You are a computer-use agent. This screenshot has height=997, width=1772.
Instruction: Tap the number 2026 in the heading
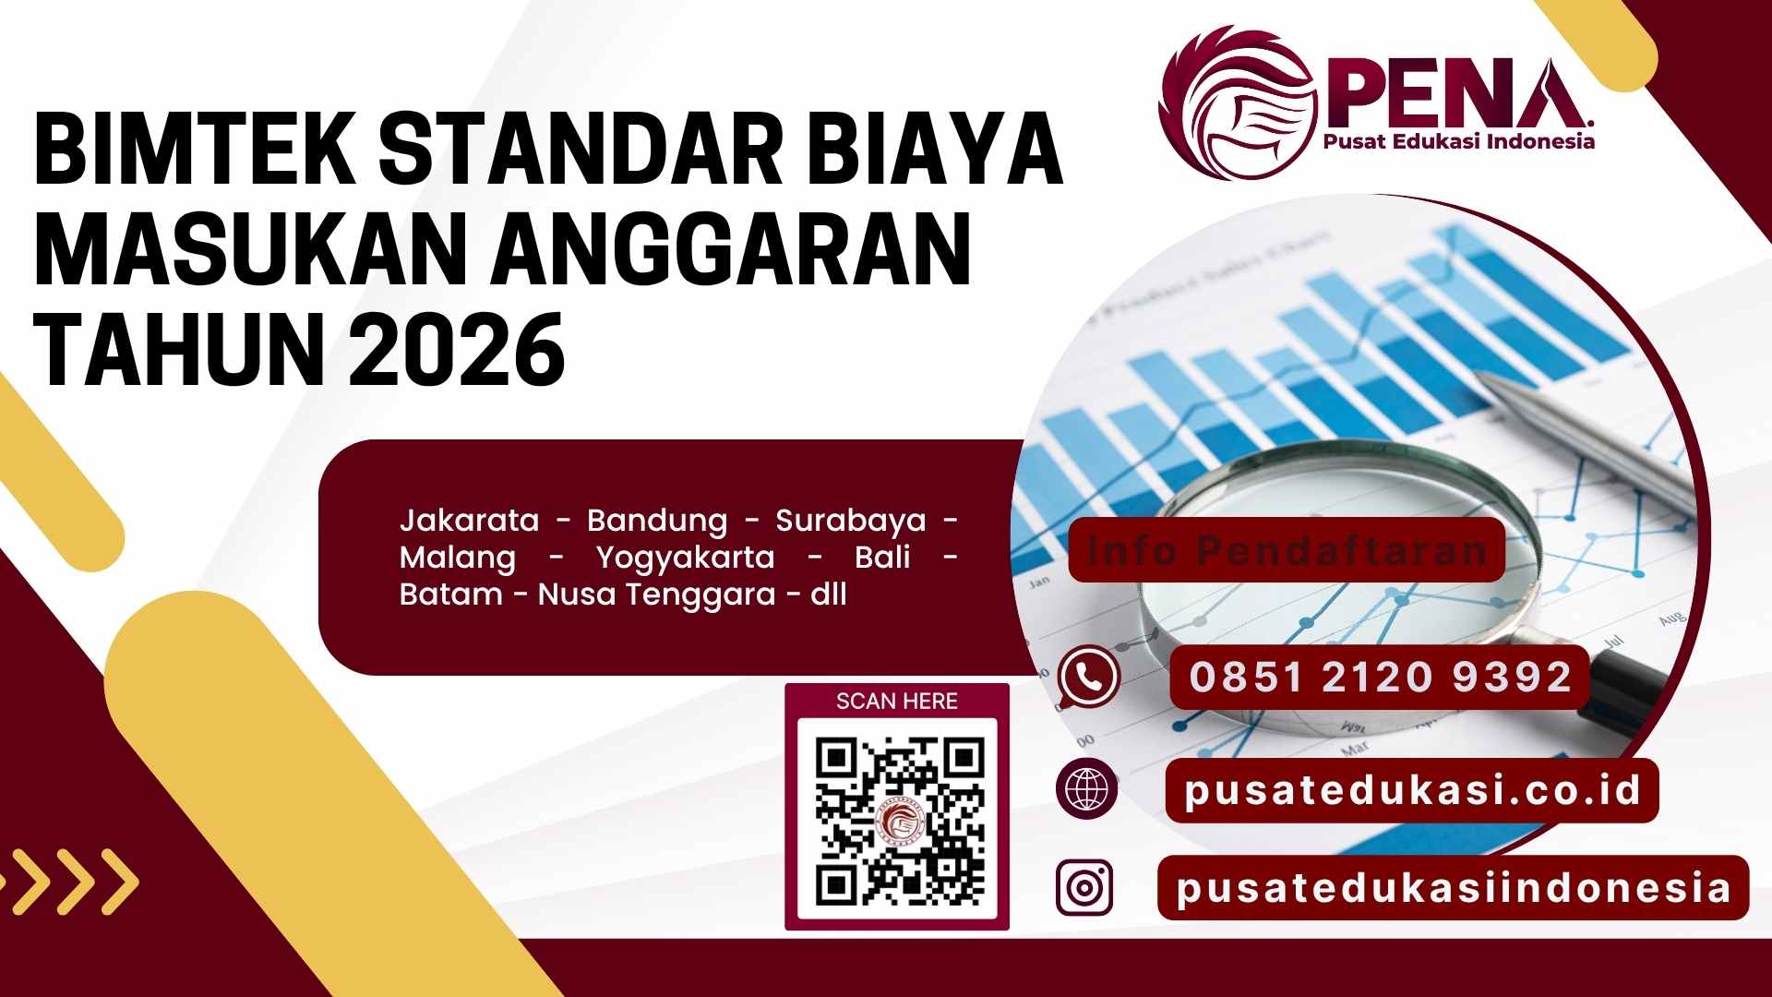click(x=457, y=351)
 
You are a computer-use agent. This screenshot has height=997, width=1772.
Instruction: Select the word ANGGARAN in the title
click(x=729, y=249)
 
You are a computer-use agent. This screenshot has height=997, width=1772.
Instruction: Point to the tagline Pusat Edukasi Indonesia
click(x=1458, y=141)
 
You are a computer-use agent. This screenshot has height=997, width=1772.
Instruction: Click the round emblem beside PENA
click(x=1237, y=102)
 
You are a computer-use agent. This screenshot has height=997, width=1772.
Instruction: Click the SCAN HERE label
click(x=897, y=702)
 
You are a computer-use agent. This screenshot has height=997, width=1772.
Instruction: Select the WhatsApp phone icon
click(x=1089, y=677)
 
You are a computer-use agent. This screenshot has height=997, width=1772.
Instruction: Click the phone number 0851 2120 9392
click(x=1380, y=677)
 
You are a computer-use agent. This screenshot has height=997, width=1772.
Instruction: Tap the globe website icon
click(x=1087, y=789)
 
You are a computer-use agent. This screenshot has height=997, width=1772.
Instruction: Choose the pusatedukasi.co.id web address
click(x=1412, y=790)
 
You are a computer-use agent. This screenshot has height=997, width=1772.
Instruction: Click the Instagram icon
click(x=1084, y=887)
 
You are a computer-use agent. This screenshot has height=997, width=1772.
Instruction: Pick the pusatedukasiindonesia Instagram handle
click(x=1454, y=888)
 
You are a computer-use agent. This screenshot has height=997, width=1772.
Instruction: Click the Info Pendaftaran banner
click(x=1287, y=550)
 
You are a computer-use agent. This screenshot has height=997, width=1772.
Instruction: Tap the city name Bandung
click(x=657, y=521)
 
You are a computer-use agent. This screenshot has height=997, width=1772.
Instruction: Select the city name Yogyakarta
click(x=685, y=558)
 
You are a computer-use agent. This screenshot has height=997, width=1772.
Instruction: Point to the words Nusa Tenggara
click(x=656, y=595)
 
